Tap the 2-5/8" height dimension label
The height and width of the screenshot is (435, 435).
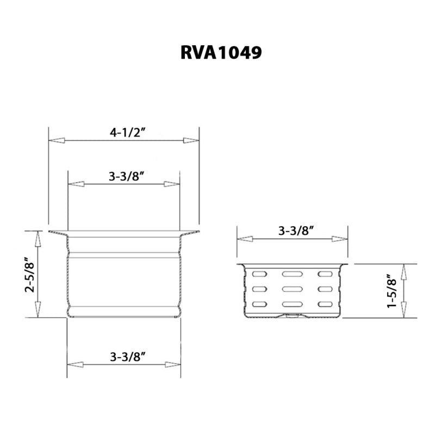tap(30, 275)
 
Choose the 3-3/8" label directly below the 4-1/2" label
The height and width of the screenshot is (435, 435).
tap(127, 176)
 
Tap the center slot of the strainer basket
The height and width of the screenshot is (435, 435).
tap(293, 289)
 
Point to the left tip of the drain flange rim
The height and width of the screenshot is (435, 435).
tap(49, 233)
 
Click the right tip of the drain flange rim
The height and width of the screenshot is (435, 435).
tap(198, 233)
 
